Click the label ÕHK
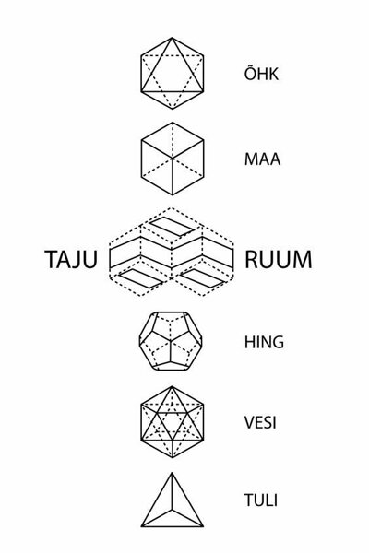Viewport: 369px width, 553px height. (x=261, y=73)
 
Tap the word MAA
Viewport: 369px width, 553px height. (x=262, y=159)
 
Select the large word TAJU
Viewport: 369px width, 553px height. (x=71, y=260)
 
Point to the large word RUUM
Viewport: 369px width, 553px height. (x=279, y=260)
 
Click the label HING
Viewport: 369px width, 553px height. (x=264, y=342)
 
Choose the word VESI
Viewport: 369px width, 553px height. (x=260, y=422)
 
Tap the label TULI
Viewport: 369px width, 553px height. (x=260, y=500)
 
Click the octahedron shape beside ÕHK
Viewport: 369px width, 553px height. (x=173, y=74)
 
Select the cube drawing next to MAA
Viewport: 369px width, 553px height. (x=173, y=159)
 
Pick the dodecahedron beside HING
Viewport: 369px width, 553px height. (x=171, y=341)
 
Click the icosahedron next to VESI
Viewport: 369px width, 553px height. (x=173, y=422)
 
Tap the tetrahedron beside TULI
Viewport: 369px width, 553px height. (x=173, y=500)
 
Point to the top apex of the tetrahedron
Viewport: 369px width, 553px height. (x=173, y=474)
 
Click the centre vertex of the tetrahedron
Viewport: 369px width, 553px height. (x=173, y=510)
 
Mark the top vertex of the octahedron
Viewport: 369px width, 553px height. (x=173, y=38)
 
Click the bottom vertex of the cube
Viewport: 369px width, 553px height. (x=173, y=194)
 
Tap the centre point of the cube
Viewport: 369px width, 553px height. (x=173, y=159)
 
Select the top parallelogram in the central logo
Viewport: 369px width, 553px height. (x=172, y=227)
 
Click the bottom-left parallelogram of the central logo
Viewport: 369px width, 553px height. (x=141, y=278)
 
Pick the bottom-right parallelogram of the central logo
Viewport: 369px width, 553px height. (x=202, y=278)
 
